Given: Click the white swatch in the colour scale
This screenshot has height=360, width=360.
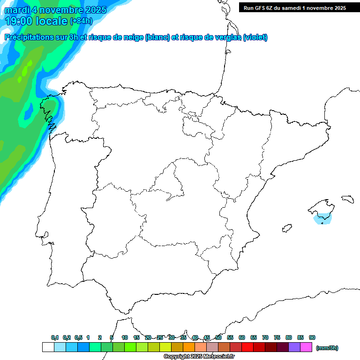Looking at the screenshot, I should [48, 347].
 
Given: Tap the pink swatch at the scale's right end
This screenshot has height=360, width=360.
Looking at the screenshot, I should [306, 347].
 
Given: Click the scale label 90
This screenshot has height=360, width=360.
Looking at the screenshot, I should [312, 337].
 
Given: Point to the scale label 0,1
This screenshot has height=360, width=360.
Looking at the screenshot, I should [55, 337].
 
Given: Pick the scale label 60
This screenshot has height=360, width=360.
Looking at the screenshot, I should [242, 337].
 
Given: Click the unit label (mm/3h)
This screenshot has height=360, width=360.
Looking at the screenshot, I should [327, 348].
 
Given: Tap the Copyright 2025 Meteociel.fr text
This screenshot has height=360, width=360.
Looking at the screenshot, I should [199, 357].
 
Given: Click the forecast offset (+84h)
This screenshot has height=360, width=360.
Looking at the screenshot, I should [82, 21].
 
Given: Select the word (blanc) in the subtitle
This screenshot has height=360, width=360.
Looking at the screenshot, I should [157, 37].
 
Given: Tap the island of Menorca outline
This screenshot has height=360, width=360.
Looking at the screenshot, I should [347, 199].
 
